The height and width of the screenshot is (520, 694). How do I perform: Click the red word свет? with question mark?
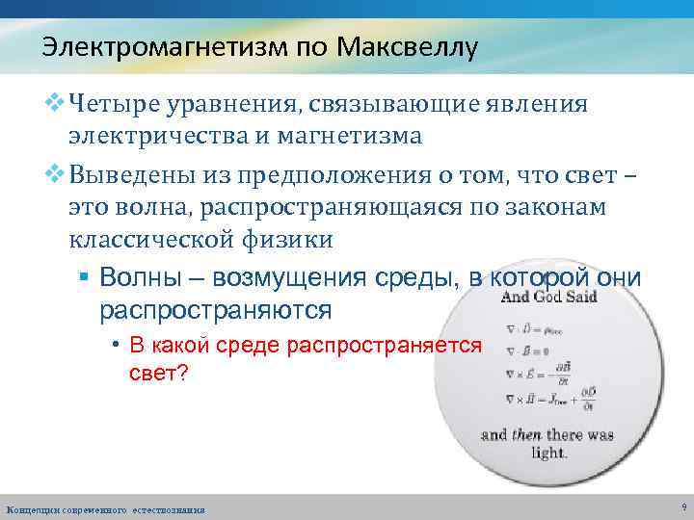click(x=160, y=373)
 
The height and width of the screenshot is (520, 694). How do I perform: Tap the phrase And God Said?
click(x=548, y=297)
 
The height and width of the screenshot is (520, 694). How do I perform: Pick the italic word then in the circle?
click(x=525, y=434)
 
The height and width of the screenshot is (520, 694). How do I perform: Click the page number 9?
click(x=682, y=505)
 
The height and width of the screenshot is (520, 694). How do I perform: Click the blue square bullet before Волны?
click(x=84, y=278)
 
